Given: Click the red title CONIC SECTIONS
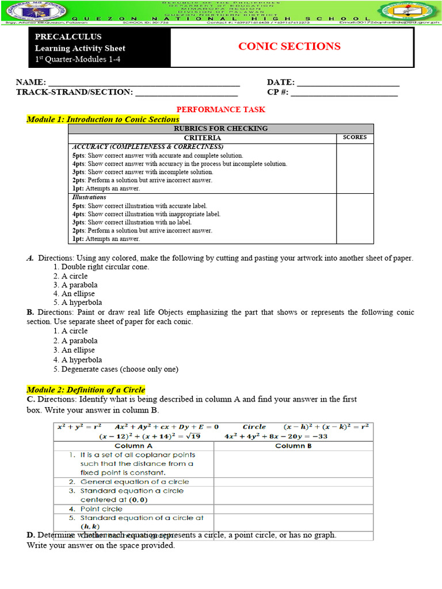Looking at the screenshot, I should click(289, 47).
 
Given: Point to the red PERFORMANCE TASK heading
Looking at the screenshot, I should click(220, 109).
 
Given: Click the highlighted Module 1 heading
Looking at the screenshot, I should click(103, 119).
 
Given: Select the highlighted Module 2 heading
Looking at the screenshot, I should click(86, 389).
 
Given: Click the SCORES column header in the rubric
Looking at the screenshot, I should click(355, 137).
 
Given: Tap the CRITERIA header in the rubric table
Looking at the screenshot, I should click(202, 138).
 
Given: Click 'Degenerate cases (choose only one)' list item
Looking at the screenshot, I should click(120, 369).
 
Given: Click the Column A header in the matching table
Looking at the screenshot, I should click(134, 446).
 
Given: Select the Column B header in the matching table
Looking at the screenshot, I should click(294, 446).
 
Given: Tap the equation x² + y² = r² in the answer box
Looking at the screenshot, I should click(79, 427).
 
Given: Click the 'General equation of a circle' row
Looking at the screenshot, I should click(134, 482).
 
